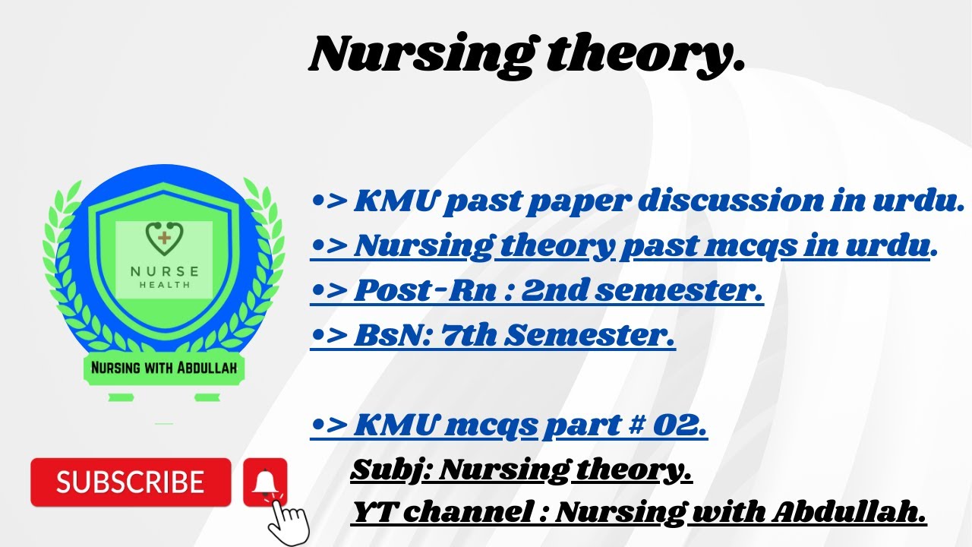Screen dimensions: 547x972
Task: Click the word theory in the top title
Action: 645,55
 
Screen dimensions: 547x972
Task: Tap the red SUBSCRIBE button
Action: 130,482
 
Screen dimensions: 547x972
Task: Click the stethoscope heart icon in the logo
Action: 163,239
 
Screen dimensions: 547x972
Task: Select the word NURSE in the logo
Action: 165,271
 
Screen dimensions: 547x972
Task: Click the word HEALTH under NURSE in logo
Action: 165,285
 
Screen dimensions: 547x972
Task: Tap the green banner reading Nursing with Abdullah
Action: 164,368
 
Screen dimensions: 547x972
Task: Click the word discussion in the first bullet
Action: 727,201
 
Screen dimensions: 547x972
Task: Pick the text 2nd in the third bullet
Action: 554,290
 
